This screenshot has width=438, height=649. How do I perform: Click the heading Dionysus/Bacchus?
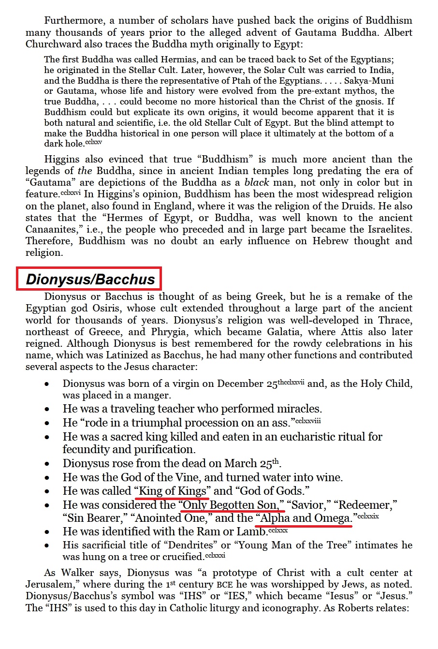click(x=90, y=279)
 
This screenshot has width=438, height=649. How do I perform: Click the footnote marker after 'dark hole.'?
click(x=94, y=143)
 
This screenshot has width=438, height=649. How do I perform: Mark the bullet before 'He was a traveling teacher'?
click(x=46, y=409)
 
